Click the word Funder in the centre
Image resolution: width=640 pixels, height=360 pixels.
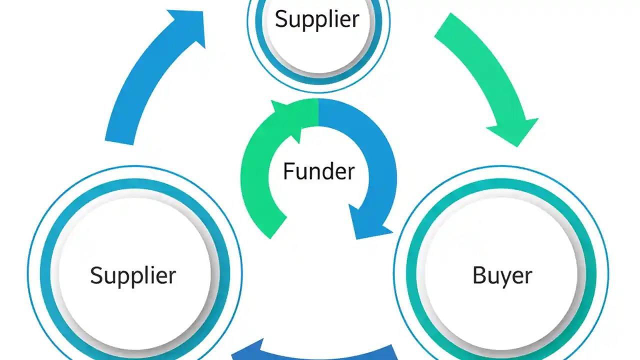[318, 171]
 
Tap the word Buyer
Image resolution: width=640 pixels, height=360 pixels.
[502, 275]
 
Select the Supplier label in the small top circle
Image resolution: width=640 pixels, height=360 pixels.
[317, 19]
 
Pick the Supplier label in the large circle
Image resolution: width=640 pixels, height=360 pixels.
[133, 275]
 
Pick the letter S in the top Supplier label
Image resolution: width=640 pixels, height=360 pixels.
[281, 19]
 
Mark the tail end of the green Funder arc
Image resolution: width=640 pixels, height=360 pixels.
[272, 227]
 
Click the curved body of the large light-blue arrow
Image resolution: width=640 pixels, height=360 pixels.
[142, 75]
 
